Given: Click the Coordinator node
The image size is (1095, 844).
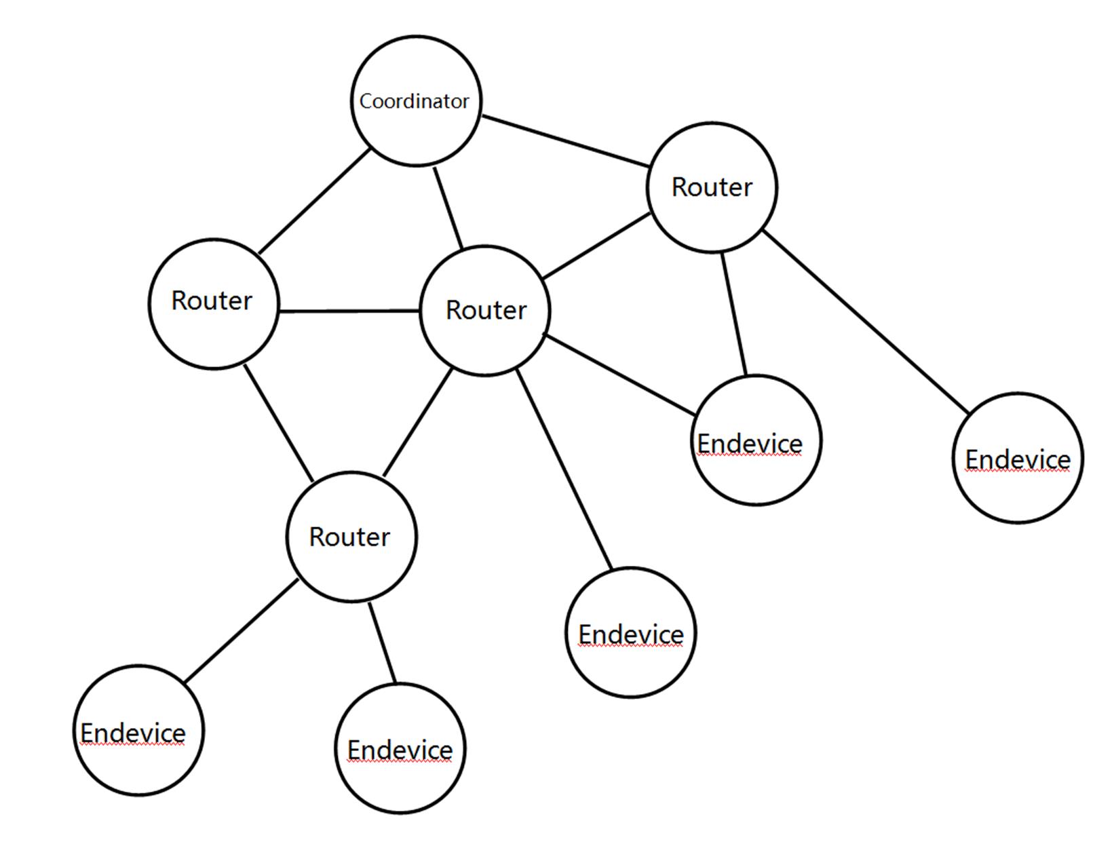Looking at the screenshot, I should pos(415,101).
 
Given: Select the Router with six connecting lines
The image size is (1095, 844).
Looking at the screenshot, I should pos(484,310).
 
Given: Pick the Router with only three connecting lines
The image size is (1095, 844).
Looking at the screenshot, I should pos(213,303).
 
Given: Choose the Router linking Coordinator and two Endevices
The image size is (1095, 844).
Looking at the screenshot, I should pos(712,187).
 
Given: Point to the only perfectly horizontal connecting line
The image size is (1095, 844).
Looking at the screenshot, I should pos(349,311).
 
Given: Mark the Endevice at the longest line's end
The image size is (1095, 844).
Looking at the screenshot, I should pos(1017,458).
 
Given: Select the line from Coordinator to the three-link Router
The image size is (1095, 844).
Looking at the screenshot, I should pos(315,201).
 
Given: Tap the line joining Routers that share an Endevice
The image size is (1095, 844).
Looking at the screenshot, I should pos(597,246).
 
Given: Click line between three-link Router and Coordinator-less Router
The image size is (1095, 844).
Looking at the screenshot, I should pos(278,423).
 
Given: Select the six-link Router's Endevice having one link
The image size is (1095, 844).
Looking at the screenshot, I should pos(630,633).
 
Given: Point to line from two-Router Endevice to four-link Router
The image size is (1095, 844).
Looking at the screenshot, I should pos(734,313).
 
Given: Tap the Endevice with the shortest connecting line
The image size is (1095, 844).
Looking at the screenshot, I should pos(400,748).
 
